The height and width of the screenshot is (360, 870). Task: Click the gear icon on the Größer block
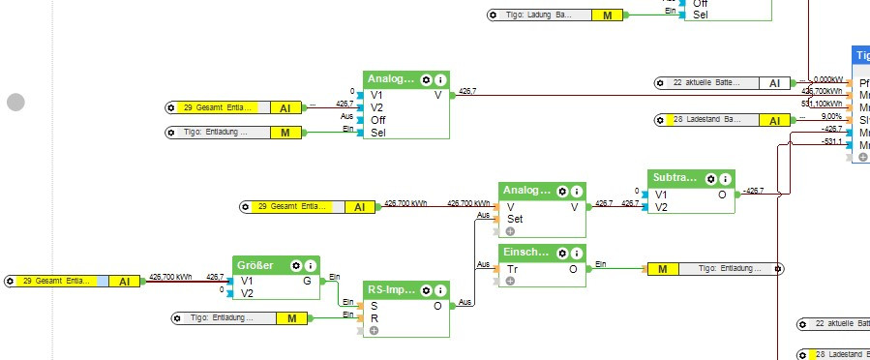pos(296,264)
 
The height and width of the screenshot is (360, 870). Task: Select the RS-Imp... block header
pos(389,289)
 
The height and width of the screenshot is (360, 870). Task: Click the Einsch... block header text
pos(525,252)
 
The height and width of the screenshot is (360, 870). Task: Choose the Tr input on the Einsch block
pos(513,268)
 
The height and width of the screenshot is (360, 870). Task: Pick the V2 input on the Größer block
pos(247,292)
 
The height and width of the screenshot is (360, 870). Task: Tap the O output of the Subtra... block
pos(721,194)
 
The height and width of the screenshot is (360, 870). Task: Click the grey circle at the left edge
pos(15,102)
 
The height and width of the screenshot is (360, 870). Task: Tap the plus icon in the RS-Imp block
pos(374,330)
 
